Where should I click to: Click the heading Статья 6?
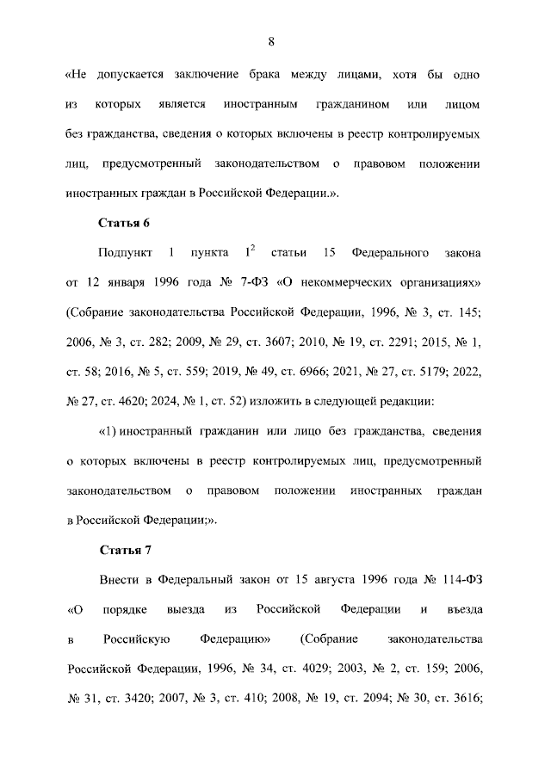pos(125,224)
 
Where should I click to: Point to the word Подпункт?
pos(126,253)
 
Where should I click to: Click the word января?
pos(130,282)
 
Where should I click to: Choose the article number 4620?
pos(147,401)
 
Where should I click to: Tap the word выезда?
pos(188,609)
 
